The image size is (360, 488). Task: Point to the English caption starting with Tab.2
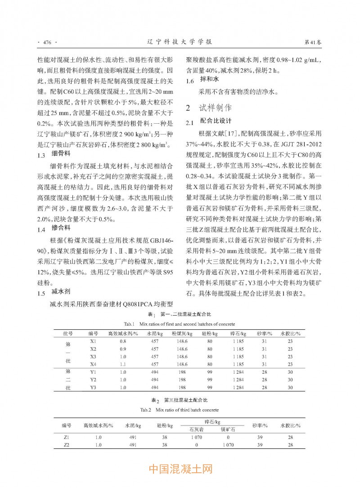[x=180, y=410]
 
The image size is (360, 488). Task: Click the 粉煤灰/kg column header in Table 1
[x=182, y=334]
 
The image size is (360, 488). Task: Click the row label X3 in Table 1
[x=93, y=356]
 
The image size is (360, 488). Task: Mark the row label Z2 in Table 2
[x=66, y=445]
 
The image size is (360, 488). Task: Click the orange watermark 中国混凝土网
[x=180, y=470]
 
